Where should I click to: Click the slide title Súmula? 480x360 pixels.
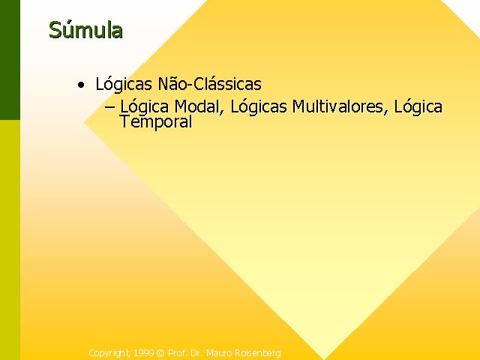pyautogui.click(x=85, y=30)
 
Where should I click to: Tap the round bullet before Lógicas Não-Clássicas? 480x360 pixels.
pyautogui.click(x=81, y=85)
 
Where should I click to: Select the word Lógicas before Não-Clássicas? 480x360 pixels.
pyautogui.click(x=124, y=84)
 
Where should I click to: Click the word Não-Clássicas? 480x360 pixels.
pyautogui.click(x=210, y=83)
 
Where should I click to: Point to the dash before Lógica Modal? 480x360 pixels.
pyautogui.click(x=110, y=106)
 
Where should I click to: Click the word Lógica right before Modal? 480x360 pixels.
pyautogui.click(x=144, y=106)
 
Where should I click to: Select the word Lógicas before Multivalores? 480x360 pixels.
pyautogui.click(x=259, y=106)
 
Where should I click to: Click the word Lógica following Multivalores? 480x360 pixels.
pyautogui.click(x=418, y=106)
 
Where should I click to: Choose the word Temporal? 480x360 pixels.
pyautogui.click(x=156, y=122)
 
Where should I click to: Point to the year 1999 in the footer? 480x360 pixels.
pyautogui.click(x=143, y=353)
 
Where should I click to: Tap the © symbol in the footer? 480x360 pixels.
pyautogui.click(x=160, y=353)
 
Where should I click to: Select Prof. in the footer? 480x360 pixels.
pyautogui.click(x=177, y=353)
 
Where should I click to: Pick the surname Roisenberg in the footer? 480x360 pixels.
pyautogui.click(x=258, y=353)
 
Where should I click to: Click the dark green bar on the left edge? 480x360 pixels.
pyautogui.click(x=10, y=60)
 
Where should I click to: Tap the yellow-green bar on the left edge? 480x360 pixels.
pyautogui.click(x=10, y=240)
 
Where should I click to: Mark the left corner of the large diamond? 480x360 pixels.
pyautogui.click(x=85, y=122)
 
